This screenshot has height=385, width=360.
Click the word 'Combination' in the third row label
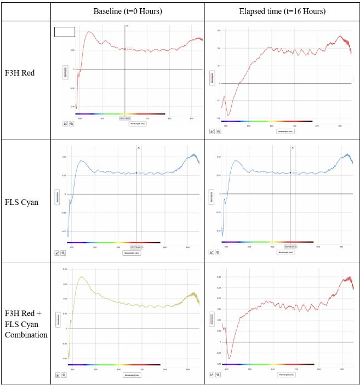coord(26,335)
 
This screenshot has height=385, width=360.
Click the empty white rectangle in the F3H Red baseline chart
coord(65,32)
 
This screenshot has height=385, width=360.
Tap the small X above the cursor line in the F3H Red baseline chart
coord(127,26)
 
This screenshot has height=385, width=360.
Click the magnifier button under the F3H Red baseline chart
coord(71,124)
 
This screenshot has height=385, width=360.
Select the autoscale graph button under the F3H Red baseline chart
coord(65,124)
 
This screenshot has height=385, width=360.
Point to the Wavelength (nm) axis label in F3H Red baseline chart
coord(137,124)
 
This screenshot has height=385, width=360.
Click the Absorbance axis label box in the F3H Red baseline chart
coord(66,72)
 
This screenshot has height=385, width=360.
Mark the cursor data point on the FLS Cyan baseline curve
coord(136,173)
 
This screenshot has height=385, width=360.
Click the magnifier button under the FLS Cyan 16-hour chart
coord(218,252)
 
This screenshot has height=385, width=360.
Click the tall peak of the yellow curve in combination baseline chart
coord(81,277)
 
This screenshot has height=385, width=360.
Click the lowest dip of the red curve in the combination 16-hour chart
coord(229,358)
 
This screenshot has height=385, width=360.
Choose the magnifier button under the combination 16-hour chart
coord(218,375)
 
